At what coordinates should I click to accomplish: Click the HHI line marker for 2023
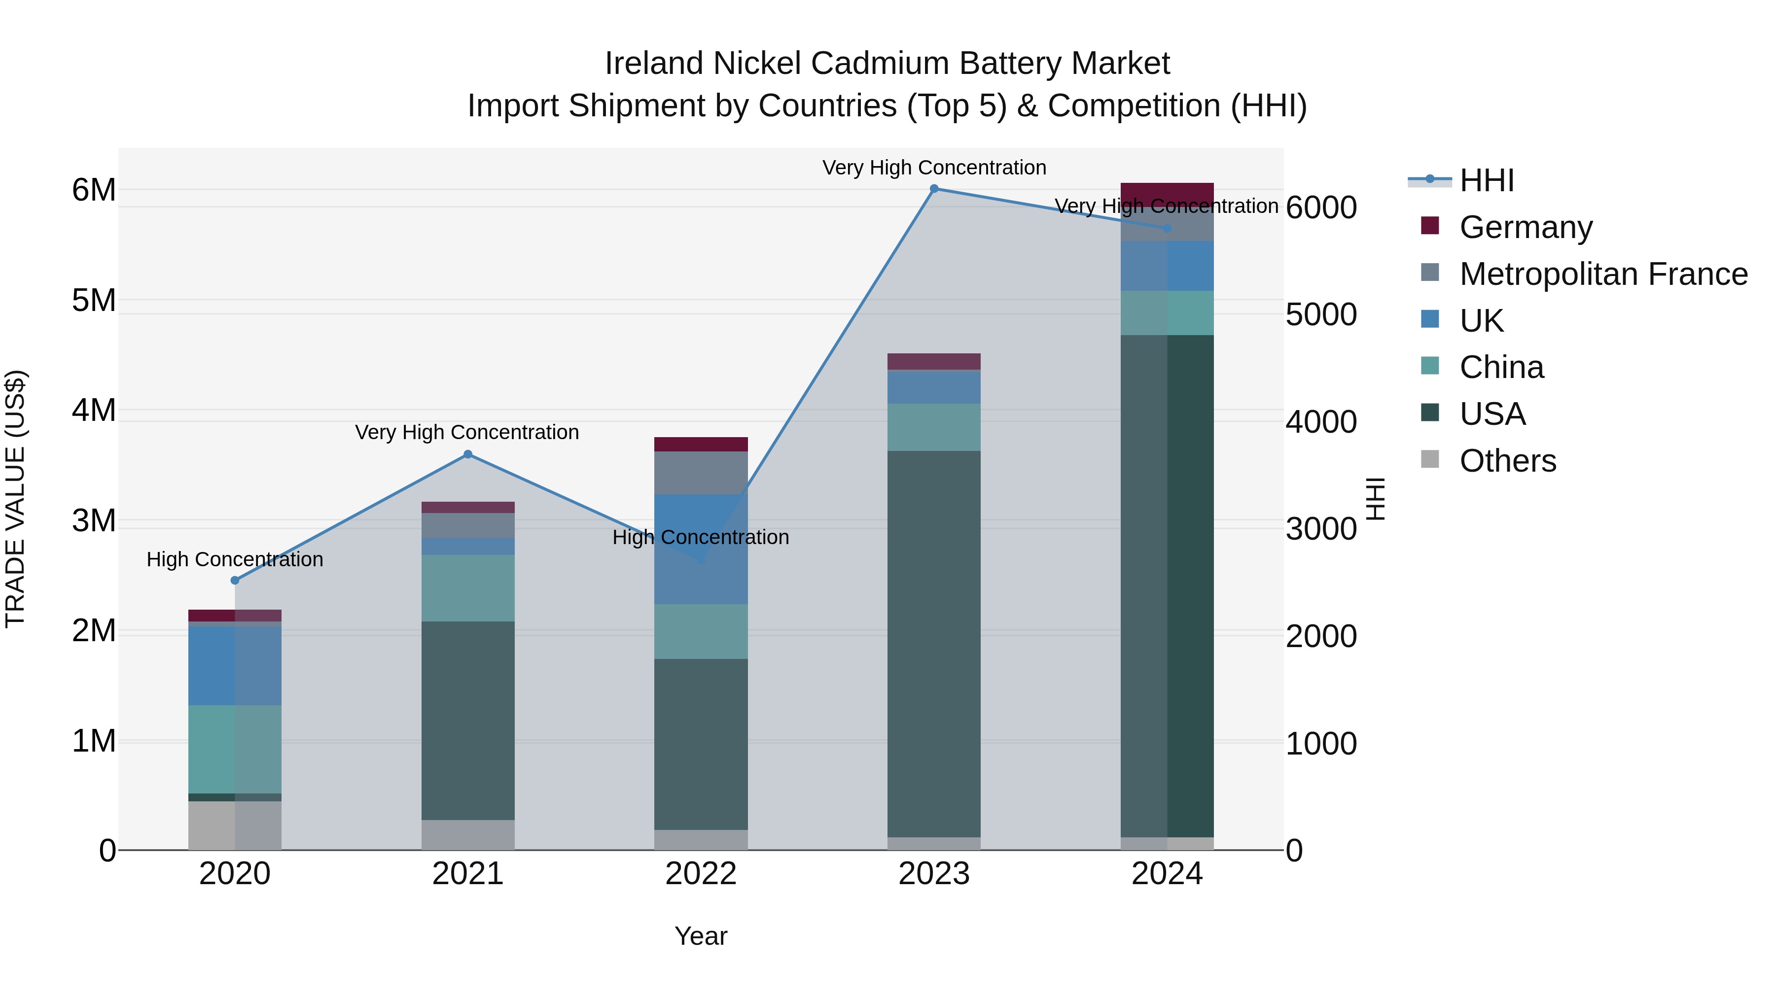point(934,189)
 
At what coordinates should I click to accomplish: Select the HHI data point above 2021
point(468,454)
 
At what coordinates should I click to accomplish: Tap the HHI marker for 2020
point(235,581)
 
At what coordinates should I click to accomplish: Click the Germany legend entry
point(1526,227)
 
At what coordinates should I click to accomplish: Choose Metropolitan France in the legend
point(1603,274)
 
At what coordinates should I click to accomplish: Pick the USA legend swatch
point(1430,413)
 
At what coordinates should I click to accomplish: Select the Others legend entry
point(1507,461)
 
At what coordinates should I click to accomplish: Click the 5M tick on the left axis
point(94,301)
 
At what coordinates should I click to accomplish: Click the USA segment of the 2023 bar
point(934,644)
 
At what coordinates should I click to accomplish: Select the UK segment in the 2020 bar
point(235,665)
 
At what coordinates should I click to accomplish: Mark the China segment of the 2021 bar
point(468,588)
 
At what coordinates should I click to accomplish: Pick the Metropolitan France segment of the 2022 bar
point(701,473)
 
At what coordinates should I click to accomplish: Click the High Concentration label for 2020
point(235,559)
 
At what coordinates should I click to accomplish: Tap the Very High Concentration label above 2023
point(934,168)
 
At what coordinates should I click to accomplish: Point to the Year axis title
point(701,936)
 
